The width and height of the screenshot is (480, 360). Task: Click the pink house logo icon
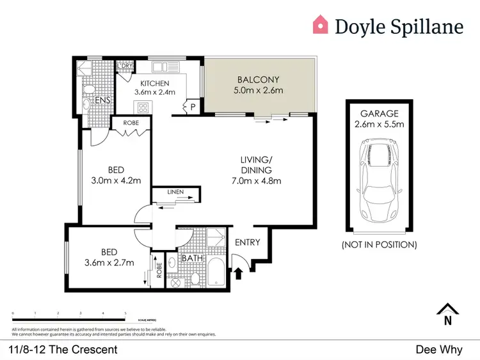pos(320,25)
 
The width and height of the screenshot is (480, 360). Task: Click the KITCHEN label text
pos(154,83)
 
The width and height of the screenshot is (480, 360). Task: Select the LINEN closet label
pos(175,191)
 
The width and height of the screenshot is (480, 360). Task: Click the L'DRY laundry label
pos(124,66)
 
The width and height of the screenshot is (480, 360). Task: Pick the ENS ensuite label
pos(103,101)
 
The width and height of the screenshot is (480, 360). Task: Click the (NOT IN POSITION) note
pos(380,244)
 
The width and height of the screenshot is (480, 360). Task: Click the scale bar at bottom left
pos(69,318)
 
